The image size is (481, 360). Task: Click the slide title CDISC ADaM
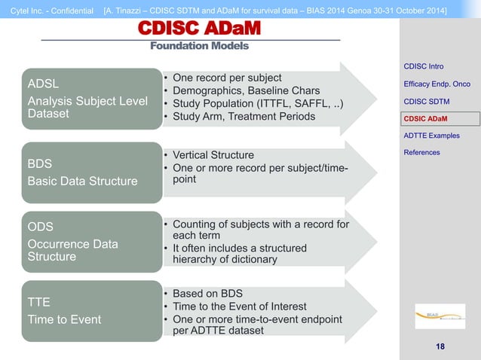point(199,29)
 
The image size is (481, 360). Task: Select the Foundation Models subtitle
point(199,46)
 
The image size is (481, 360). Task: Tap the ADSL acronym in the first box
point(44,83)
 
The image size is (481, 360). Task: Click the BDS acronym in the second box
point(40,163)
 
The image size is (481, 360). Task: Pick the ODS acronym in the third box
point(41,226)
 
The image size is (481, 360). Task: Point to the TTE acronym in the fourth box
point(38,302)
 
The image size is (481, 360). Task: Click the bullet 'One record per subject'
point(227,78)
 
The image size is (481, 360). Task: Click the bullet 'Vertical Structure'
point(213,154)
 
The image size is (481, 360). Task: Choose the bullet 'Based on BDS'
point(208,293)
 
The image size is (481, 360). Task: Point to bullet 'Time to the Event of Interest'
point(239,306)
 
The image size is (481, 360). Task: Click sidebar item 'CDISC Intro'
point(424,66)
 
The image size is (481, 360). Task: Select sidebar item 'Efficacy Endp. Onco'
point(437,84)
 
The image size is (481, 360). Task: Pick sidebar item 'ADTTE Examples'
point(431,136)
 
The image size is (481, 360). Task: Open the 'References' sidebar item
point(422,153)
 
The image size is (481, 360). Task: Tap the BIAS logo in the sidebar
point(440,316)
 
